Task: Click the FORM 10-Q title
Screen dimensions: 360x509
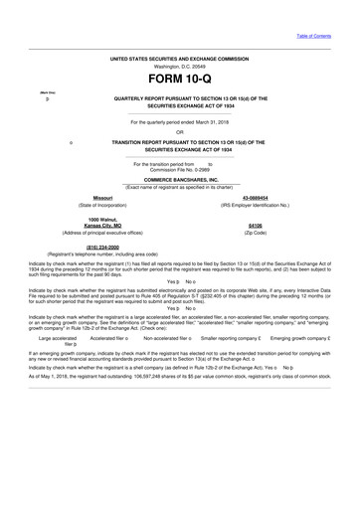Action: pyautogui.click(x=179, y=78)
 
